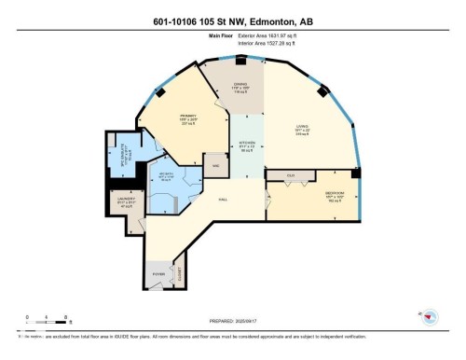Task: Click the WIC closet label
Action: pos(215,166)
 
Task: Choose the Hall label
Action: pos(223,198)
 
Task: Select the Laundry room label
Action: pos(126,199)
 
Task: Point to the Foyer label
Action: pos(159,274)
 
